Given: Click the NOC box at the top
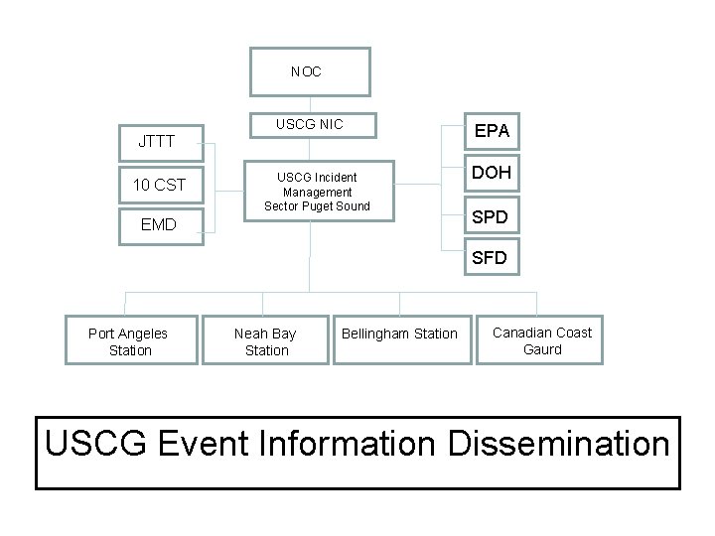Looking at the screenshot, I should click(310, 71).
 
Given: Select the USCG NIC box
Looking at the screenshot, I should click(310, 124).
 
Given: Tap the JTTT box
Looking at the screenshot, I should click(156, 141).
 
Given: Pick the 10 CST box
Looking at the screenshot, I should click(159, 184).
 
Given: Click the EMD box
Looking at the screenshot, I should click(159, 225).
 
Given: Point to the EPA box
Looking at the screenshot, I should click(492, 130).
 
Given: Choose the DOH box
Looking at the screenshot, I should click(492, 172).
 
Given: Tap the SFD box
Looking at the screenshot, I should click(490, 257).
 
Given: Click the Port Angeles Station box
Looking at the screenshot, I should click(129, 340).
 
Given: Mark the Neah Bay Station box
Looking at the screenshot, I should click(265, 340).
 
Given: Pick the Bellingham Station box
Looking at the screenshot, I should click(399, 334).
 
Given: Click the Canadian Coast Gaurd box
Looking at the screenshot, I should click(542, 340).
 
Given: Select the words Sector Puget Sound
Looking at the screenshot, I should click(317, 206).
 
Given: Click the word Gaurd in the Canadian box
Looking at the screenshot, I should click(542, 349).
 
